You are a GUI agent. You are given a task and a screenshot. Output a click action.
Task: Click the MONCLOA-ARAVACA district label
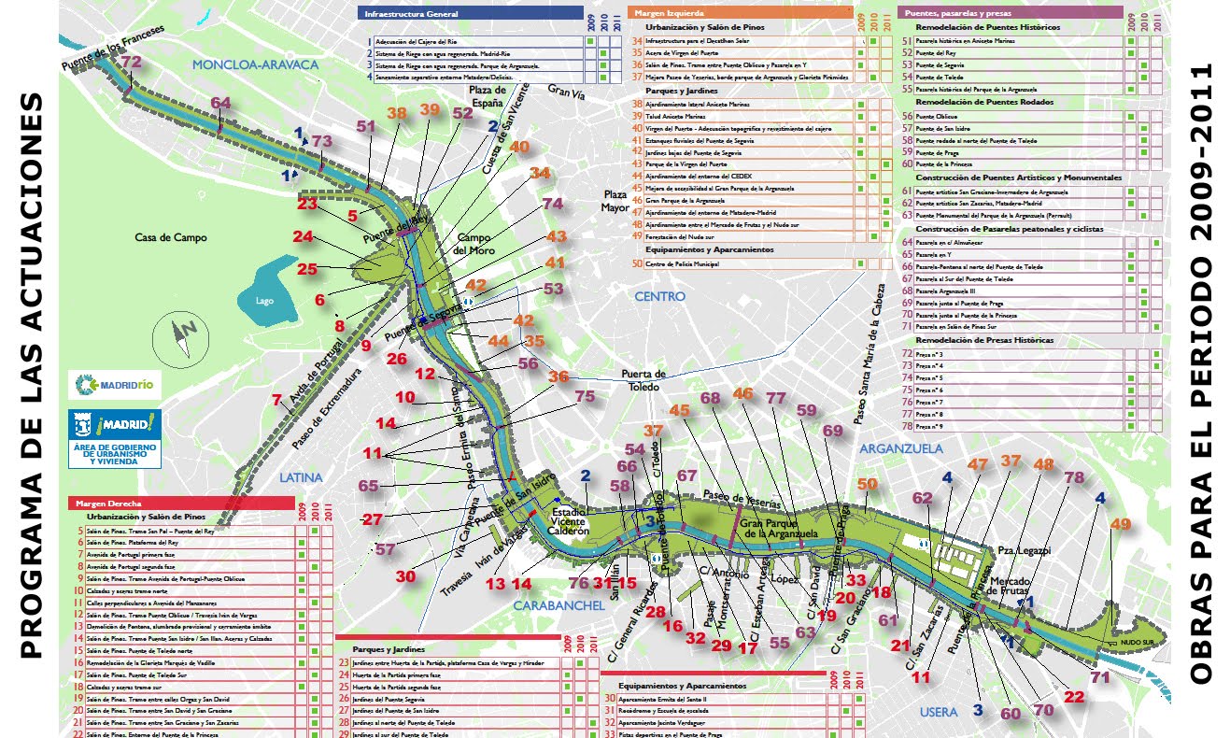click(x=255, y=64)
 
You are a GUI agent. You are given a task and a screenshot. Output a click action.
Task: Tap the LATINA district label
click(x=300, y=477)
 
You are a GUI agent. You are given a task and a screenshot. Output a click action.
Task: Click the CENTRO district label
click(x=659, y=296)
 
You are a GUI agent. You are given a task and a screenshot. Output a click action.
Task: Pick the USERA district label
click(x=939, y=712)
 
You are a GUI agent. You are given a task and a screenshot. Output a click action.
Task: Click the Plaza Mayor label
click(x=615, y=201)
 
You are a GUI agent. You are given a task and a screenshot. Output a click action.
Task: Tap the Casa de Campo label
click(x=170, y=237)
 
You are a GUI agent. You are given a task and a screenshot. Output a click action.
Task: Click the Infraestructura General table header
click(x=470, y=15)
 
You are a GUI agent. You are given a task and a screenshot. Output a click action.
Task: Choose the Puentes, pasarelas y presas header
click(x=1009, y=13)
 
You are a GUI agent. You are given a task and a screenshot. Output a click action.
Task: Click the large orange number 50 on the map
click(x=868, y=483)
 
